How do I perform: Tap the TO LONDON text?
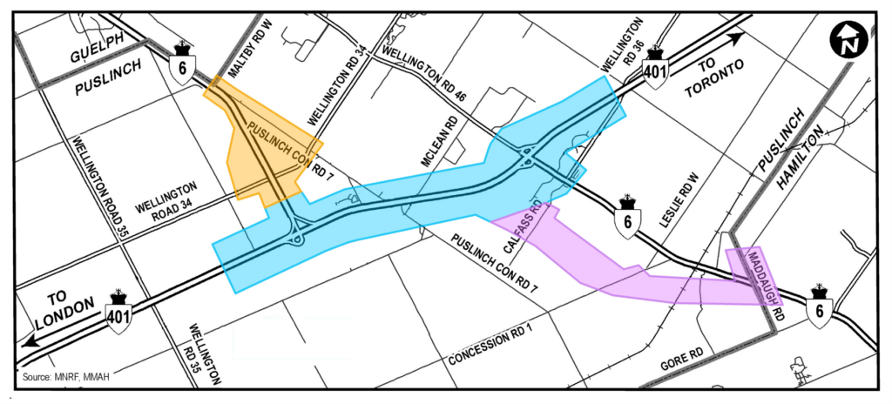[x=64, y=314]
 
